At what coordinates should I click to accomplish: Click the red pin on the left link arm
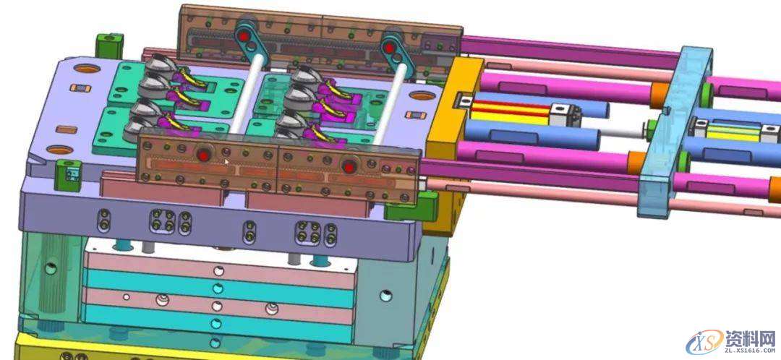[244, 36]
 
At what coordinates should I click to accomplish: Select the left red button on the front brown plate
[203, 155]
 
